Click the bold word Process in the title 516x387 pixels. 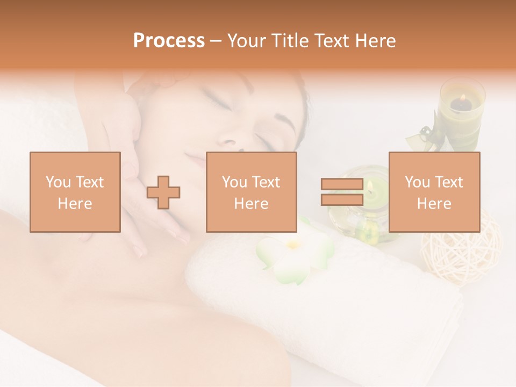(169, 41)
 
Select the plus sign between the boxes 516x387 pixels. (163, 192)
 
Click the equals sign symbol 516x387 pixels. (342, 192)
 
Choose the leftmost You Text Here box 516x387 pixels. (75, 192)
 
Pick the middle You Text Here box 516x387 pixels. (251, 192)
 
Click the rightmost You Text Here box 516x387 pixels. (434, 192)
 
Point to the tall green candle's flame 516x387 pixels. (462, 98)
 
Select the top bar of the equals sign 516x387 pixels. (342, 184)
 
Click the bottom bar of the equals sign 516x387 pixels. (342, 199)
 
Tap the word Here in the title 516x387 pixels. (376, 41)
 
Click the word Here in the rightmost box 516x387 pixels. (434, 203)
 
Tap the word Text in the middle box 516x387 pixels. (267, 182)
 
